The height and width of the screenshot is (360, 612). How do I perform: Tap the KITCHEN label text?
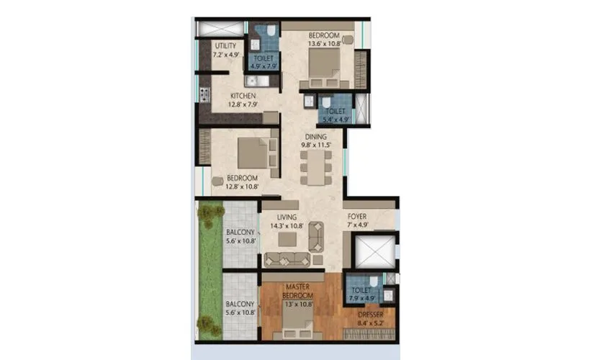pos(243,96)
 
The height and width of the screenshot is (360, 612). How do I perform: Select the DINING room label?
pos(315,136)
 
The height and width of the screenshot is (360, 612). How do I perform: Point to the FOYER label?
pos(358,216)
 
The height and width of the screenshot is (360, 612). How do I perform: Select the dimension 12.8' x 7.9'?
pos(244,104)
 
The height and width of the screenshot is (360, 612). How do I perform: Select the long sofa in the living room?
pos(287,260)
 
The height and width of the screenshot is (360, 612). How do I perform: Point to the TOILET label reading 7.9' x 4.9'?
pos(361,293)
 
